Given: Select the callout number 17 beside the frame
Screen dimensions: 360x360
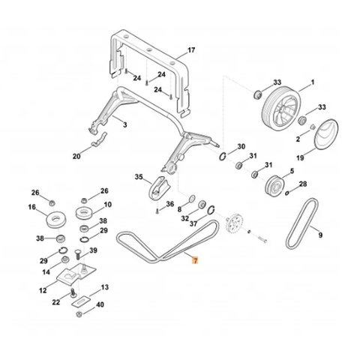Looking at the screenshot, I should pyautogui.click(x=191, y=50).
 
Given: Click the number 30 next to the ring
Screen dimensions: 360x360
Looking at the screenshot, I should pyautogui.click(x=241, y=146).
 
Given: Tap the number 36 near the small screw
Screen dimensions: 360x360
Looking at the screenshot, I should pyautogui.click(x=169, y=204).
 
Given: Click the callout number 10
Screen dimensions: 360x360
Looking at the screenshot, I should pyautogui.click(x=107, y=204).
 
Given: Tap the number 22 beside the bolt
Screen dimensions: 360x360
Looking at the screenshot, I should pyautogui.click(x=55, y=302).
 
